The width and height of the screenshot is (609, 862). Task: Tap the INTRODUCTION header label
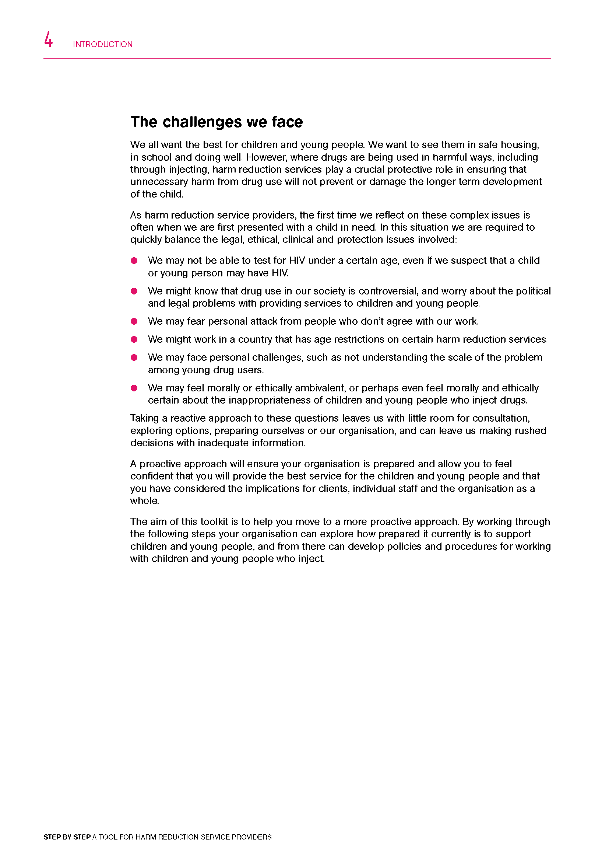coord(102,44)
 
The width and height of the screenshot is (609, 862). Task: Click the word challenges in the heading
coord(202,122)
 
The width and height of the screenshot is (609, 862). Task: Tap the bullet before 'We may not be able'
coord(134,261)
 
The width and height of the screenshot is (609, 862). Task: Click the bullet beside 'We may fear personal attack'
coord(134,321)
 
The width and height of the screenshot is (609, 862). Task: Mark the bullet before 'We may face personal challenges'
coord(134,357)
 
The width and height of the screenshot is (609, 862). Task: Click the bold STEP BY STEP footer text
coord(67,837)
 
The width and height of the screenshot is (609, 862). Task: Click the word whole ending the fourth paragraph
coord(144,501)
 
